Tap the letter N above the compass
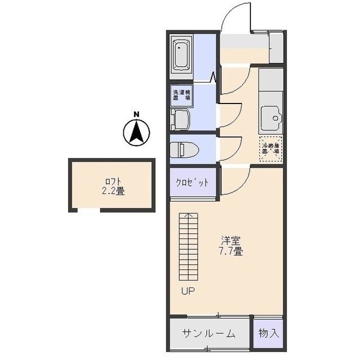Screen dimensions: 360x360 (x=136, y=115)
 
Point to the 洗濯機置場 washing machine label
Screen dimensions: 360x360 (x=181, y=94)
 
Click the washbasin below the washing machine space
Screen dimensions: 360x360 (x=181, y=119)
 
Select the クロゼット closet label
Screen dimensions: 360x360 (x=192, y=182)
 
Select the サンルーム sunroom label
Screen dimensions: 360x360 (x=208, y=333)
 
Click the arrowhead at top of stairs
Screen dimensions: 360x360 (x=190, y=215)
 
